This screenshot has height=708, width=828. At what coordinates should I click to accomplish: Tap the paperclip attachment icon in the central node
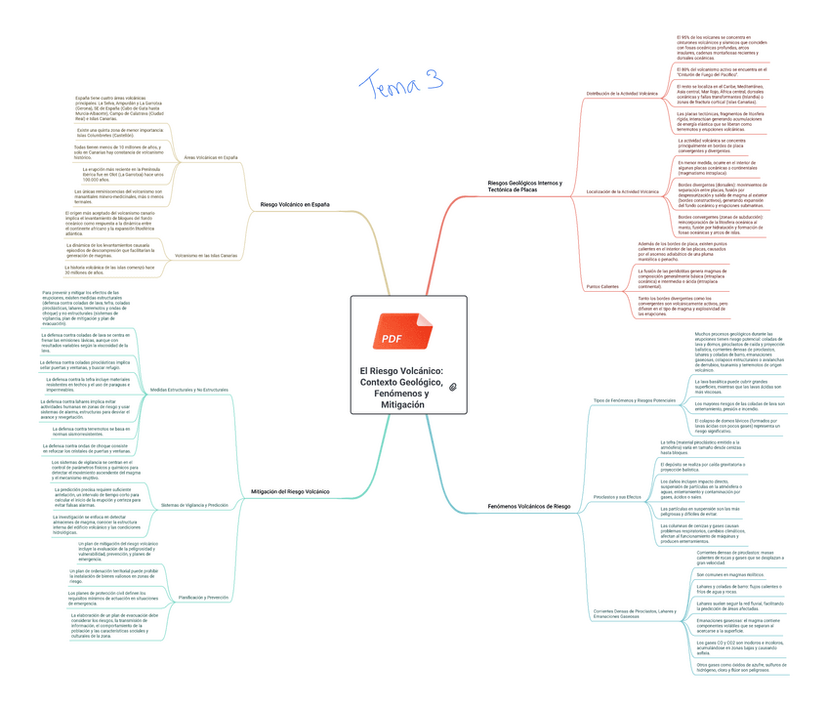[x=453, y=388]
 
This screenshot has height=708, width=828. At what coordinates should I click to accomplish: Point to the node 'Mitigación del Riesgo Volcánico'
[x=290, y=491]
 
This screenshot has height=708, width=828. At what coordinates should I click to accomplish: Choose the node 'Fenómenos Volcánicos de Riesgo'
[x=528, y=507]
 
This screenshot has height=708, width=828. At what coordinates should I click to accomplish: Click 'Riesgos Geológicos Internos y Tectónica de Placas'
[x=524, y=187]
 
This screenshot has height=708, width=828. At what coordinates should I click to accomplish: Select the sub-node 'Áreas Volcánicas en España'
[x=210, y=156]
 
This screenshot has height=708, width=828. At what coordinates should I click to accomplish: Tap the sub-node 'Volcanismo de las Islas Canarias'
[x=206, y=255]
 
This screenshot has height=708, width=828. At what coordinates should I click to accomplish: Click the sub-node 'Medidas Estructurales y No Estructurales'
[x=189, y=390]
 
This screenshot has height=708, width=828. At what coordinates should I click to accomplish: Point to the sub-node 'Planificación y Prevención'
[x=204, y=597]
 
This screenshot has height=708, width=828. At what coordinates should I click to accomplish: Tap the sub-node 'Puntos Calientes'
[x=601, y=286]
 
